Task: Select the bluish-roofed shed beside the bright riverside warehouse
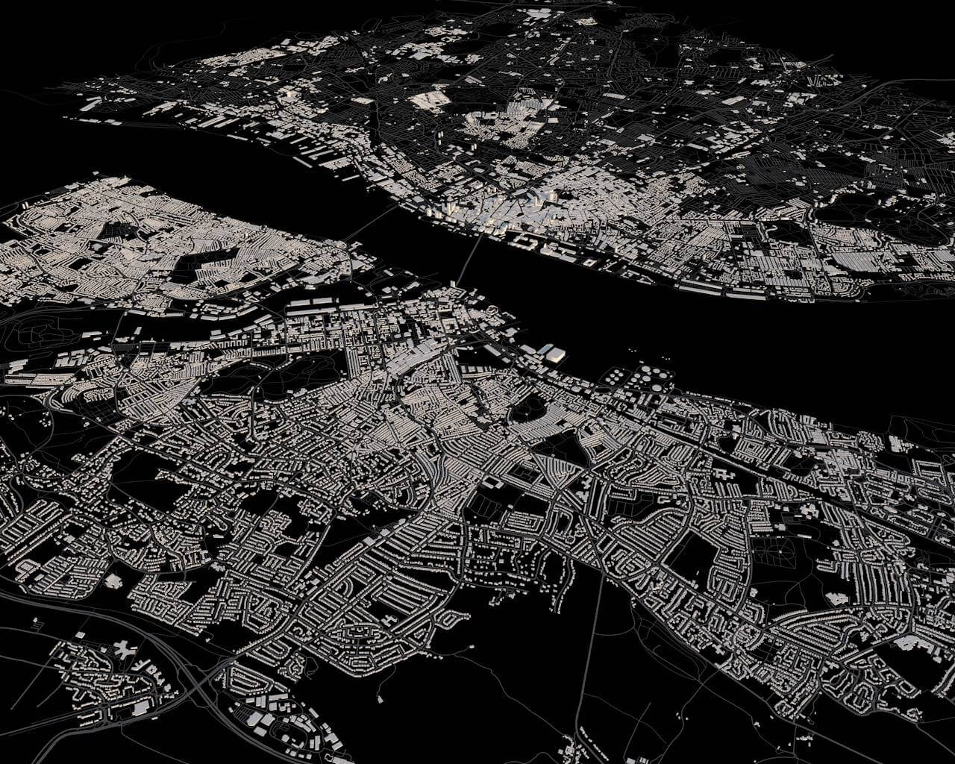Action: coord(544,348)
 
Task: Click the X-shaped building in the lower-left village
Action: coord(122,649)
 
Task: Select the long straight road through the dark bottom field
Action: coord(589,649)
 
